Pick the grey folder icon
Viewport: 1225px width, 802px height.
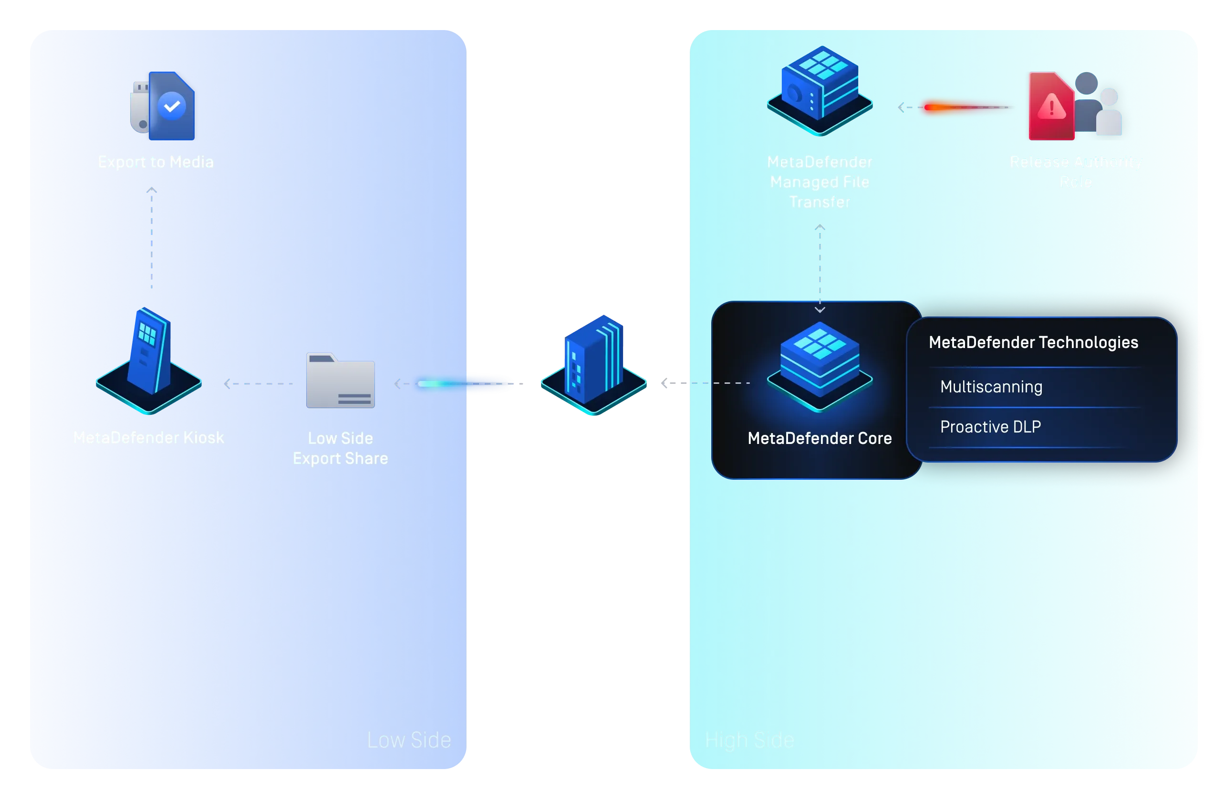[340, 380]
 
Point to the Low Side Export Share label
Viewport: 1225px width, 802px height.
[340, 448]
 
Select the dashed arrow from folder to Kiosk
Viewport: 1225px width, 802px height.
[259, 384]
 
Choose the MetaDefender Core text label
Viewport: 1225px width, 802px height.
[820, 438]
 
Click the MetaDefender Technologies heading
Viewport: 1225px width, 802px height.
[1033, 343]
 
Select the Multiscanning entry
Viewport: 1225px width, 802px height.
[991, 387]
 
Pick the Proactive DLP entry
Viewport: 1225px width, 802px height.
[990, 427]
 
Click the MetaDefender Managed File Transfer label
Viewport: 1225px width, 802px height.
[820, 182]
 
